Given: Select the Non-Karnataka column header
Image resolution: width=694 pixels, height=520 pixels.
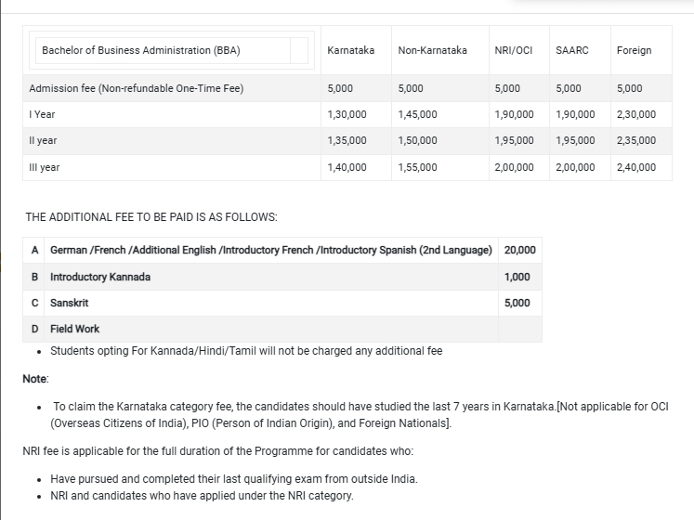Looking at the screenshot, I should coord(432,50).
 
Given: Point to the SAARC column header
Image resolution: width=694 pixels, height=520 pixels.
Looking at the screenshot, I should coord(572,50).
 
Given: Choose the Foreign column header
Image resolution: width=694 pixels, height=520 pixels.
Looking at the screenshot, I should coord(634,50).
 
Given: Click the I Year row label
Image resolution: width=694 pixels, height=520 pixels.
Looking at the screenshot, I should coord(43,114).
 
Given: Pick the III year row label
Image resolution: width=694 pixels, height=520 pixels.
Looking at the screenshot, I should coord(45,167).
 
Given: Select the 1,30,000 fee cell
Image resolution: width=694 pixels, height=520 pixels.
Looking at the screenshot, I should coord(347,114).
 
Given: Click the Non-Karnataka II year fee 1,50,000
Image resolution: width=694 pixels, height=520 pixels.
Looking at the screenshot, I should coord(417,140).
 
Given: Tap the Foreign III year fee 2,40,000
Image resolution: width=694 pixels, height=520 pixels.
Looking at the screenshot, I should coord(635,167).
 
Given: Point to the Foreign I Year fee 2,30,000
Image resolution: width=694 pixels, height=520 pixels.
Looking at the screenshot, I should coord(635,114).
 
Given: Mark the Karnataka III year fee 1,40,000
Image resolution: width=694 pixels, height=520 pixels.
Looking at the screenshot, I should coord(347,167).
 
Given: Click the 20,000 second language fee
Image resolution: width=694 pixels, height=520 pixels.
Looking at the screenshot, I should coord(519,251).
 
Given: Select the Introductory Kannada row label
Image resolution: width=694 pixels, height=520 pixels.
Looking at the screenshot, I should coord(100,277).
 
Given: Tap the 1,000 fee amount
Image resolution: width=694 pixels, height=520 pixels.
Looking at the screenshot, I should coord(517,277).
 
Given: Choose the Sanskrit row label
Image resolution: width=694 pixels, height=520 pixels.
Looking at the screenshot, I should coord(70,303).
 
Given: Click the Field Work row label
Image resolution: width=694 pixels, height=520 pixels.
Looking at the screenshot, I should coord(74,329).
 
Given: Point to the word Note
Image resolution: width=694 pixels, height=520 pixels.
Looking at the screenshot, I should coord(36,379).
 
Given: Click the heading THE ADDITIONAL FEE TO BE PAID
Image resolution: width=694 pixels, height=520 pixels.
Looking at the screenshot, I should coord(151,217).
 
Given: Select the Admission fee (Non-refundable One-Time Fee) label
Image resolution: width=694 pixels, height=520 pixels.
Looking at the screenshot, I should coord(137,88).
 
